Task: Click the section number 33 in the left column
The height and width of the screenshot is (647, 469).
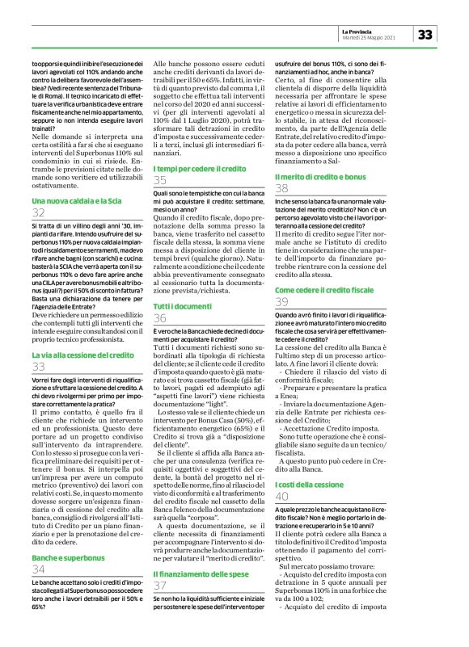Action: pos(39,368)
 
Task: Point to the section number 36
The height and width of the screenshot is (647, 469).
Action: pos(161,297)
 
